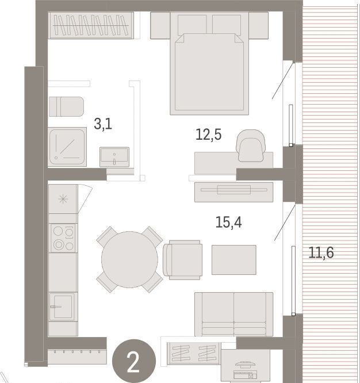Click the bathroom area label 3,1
(103, 124)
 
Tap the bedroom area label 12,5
(208, 135)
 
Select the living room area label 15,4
(229, 223)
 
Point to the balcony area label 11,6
(321, 252)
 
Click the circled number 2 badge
(133, 361)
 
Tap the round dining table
(129, 259)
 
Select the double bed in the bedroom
(209, 63)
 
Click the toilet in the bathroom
(67, 106)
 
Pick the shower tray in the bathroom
(67, 147)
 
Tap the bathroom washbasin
(114, 157)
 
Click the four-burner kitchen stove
(63, 238)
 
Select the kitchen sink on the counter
(62, 307)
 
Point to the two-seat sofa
(233, 314)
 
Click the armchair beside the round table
(183, 260)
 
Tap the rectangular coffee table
(233, 260)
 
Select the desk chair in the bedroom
(251, 145)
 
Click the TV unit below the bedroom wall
(233, 192)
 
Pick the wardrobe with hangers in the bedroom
(91, 25)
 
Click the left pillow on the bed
(192, 24)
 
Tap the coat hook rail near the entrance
(77, 357)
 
